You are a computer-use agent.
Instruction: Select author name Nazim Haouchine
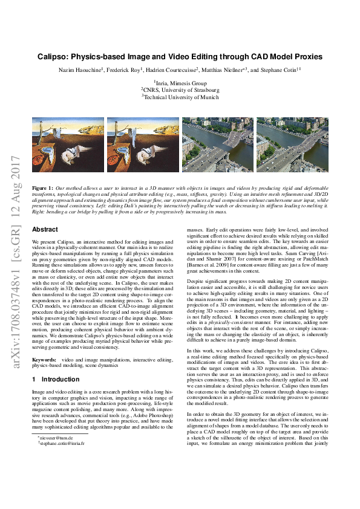(77, 71)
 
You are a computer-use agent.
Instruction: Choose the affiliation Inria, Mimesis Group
(180, 82)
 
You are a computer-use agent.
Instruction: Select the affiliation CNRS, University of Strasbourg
(180, 89)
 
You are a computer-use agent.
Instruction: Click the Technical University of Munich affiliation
(180, 96)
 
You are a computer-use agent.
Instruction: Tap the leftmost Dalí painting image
(68, 136)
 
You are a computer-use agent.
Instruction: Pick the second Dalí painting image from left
(143, 136)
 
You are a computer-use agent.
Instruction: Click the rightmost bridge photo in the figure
(292, 136)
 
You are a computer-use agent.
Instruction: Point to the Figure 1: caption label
(42, 172)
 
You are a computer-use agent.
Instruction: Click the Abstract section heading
(45, 230)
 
